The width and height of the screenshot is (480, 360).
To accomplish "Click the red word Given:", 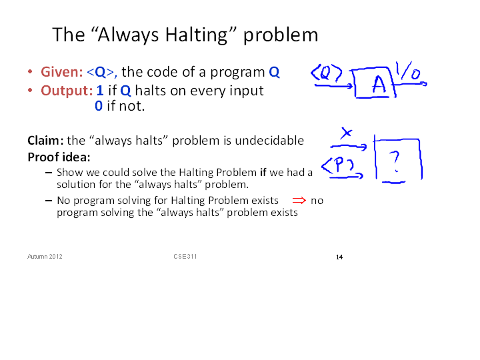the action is (62, 72).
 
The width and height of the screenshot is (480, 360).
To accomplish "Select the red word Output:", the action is (67, 91).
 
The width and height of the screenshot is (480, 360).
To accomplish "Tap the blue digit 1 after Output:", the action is (100, 91).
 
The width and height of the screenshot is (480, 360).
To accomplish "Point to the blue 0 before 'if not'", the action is (99, 106).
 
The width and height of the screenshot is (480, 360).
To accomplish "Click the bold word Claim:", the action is (45, 141).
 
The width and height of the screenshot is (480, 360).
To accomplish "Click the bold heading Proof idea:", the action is (59, 157).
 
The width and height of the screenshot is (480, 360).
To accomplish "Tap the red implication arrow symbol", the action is (299, 201).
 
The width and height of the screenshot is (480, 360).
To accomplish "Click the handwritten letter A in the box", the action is (379, 84).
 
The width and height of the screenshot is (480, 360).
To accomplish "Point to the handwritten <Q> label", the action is (326, 73).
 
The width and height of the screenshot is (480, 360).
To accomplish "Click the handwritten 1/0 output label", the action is (408, 71).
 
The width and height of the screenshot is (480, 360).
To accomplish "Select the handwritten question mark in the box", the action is (396, 161).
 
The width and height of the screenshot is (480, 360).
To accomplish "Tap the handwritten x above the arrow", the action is (347, 133).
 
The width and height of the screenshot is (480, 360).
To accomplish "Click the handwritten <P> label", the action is (337, 165).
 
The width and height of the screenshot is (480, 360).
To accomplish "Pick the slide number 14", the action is (339, 257).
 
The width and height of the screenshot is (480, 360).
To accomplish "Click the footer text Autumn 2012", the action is (45, 257).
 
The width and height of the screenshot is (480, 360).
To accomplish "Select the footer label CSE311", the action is (185, 257).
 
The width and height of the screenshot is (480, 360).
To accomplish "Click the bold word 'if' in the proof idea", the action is (263, 173).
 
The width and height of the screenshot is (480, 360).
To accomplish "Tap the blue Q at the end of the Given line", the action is (274, 72).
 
